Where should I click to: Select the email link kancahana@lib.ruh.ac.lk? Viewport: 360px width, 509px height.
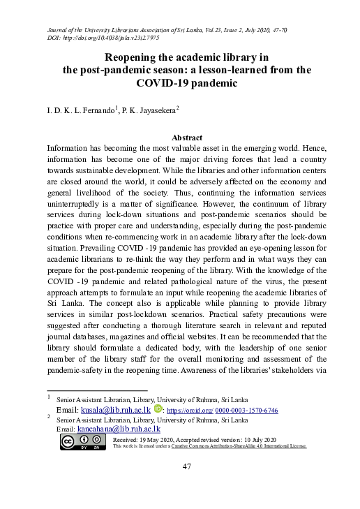(119, 429)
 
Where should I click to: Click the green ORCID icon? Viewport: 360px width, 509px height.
(158, 408)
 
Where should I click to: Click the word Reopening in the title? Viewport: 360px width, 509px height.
(137, 57)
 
